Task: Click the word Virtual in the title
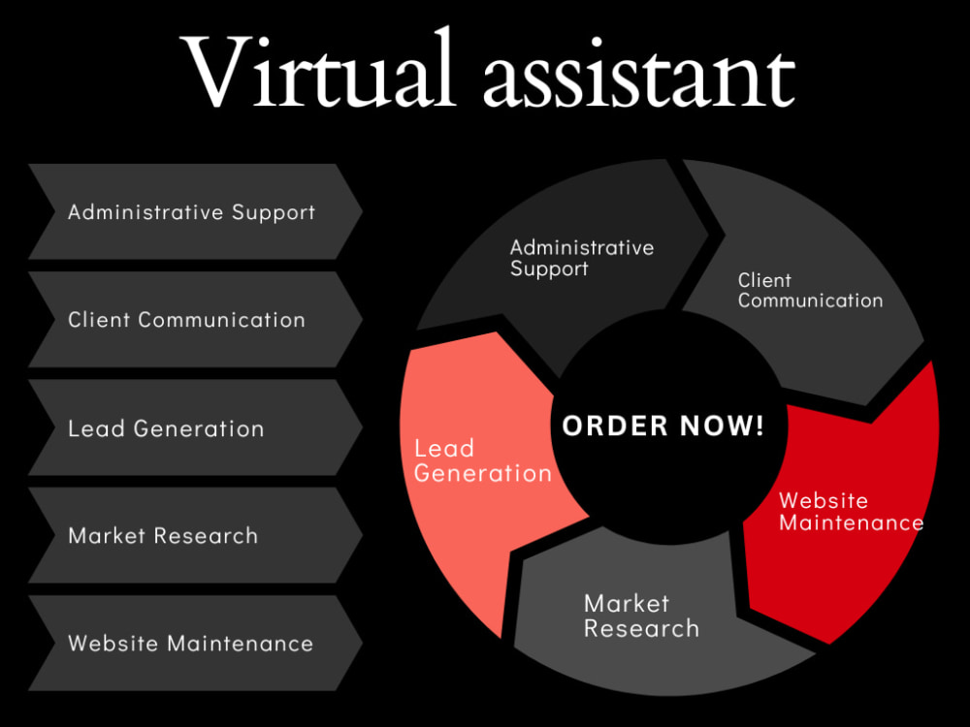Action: point(317,69)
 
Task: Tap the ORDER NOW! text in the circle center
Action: point(663,426)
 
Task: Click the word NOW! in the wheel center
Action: point(723,426)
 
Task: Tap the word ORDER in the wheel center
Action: point(616,426)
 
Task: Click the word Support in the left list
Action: point(274,213)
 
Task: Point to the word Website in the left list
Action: point(113,643)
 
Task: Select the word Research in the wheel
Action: point(641,629)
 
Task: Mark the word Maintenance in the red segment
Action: point(852,522)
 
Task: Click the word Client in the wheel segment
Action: point(764,280)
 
